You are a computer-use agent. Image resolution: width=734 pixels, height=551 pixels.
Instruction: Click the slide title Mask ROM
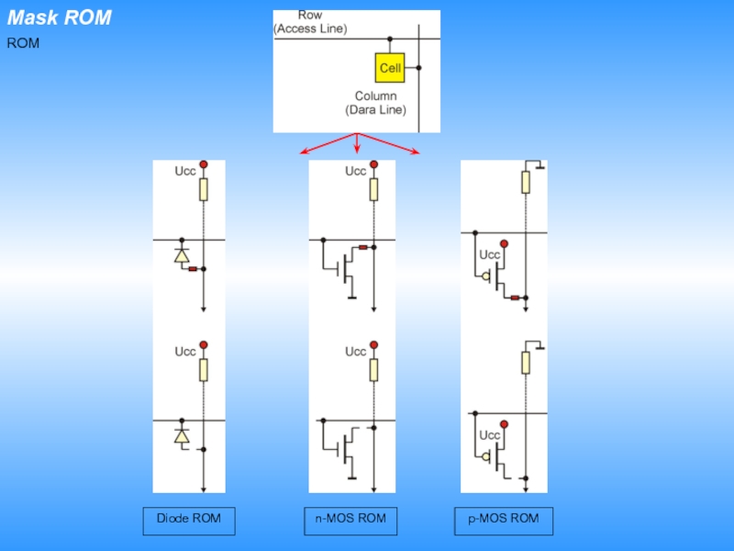coord(60,17)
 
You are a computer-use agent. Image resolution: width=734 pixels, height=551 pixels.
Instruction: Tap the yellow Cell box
coord(390,68)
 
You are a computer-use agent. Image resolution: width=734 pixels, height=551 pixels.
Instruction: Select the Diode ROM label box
coord(189,521)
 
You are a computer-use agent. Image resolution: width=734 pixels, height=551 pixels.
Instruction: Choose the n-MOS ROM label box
coord(350,521)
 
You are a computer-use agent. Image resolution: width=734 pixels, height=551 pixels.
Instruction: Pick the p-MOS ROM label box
coord(504,521)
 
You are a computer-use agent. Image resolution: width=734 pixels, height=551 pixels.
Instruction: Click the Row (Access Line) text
coord(310,22)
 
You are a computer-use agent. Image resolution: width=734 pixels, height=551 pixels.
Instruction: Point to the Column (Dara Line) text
coord(376,103)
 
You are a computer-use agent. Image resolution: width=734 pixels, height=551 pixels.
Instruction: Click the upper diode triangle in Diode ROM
coord(182,256)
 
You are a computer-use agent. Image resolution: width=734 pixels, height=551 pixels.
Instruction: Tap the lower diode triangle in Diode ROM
coord(182,436)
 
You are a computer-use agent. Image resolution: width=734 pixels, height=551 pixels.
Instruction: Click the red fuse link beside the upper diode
coord(193,269)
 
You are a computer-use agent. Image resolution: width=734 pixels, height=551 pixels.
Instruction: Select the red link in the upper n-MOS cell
coord(363,247)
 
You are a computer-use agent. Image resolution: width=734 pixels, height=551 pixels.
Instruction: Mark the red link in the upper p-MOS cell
coord(515,298)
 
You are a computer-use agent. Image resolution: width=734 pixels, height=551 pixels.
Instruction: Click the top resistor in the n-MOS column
coord(373,189)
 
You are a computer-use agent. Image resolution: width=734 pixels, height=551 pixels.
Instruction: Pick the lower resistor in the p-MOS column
coord(526,363)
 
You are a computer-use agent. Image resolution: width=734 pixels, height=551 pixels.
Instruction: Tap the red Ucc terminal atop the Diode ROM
coord(204,164)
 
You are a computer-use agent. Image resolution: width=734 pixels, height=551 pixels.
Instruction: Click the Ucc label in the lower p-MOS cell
coord(490,435)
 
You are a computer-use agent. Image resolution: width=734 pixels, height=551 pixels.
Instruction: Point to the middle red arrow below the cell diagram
coord(357,143)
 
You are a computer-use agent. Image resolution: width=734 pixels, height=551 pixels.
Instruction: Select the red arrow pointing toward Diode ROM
coord(328,143)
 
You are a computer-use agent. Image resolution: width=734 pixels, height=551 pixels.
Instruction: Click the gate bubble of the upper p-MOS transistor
coord(486,276)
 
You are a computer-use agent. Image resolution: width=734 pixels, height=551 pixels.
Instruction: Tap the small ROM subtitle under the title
coord(23,43)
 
